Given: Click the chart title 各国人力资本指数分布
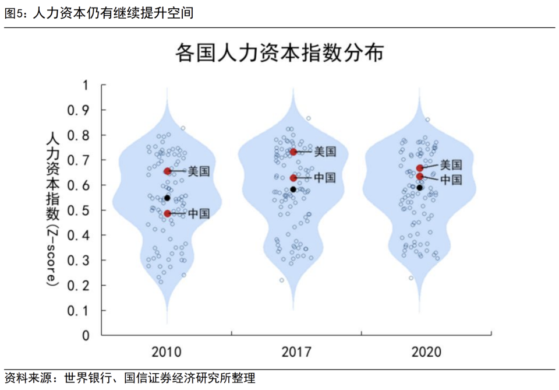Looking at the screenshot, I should coord(279,53).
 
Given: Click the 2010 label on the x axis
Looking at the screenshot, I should coord(167,352).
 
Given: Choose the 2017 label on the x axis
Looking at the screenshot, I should coord(296,352).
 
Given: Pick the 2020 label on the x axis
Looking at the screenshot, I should coord(426,352).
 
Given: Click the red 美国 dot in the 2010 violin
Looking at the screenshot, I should coord(168,171).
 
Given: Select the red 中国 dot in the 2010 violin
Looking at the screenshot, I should coord(168,213).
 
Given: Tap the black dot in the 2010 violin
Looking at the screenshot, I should coord(167,198).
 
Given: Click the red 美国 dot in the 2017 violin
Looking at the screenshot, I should coord(293,152).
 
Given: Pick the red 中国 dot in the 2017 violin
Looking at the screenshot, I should coord(293,178).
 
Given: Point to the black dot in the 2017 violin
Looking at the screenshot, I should coord(293,189).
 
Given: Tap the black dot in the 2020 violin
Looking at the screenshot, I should coord(419,187).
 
